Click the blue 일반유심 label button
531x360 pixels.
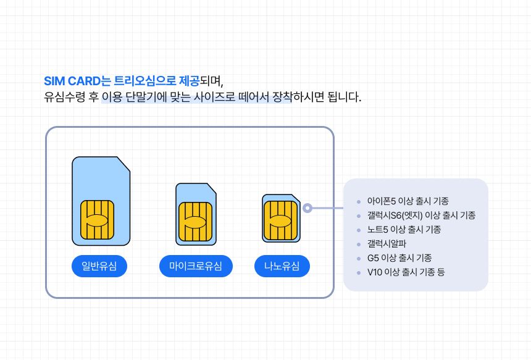(99, 266)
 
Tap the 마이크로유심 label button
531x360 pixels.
(196, 266)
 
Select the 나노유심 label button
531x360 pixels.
(282, 266)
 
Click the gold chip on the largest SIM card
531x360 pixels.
(97, 220)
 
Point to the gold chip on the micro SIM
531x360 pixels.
(195, 222)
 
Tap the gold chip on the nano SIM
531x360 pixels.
(280, 220)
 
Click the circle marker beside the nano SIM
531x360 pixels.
(307, 208)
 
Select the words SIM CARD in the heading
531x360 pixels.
(72, 82)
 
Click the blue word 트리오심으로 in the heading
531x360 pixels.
(145, 81)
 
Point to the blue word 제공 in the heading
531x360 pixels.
(189, 81)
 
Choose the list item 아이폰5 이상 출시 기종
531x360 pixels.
(408, 201)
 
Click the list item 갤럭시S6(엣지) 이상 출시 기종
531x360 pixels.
(421, 216)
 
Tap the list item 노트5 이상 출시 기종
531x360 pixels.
(404, 230)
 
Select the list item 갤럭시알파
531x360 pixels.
(387, 244)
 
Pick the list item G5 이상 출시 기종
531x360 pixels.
(399, 258)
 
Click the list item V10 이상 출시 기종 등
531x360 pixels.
(406, 272)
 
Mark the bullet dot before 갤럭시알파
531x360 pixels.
(359, 244)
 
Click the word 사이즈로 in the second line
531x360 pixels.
(214, 97)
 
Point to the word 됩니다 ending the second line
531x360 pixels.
(344, 97)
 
